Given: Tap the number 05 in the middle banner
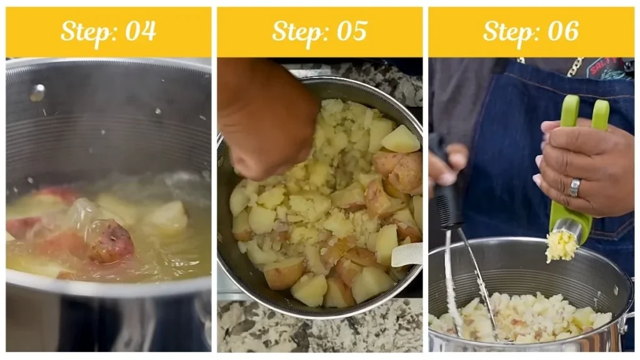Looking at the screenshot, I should (351, 31).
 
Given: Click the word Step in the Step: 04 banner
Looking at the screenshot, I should (86, 31).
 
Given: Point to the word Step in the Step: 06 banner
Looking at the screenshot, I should (508, 31).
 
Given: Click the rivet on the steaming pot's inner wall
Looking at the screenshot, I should (37, 92).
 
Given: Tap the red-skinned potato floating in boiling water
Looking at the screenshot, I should (111, 241).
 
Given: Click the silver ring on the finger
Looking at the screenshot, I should (574, 187).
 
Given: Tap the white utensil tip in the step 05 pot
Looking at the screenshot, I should (407, 254).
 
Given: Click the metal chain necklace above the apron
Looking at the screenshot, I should (574, 66).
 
